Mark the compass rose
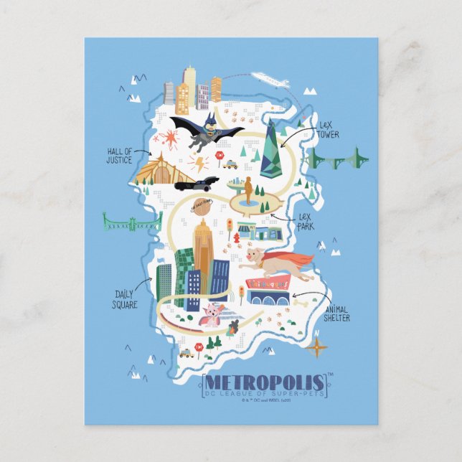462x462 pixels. pos(316,347)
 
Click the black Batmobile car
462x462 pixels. pos(194,184)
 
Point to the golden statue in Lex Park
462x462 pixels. pos(248,191)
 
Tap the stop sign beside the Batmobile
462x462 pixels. pos(220,155)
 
